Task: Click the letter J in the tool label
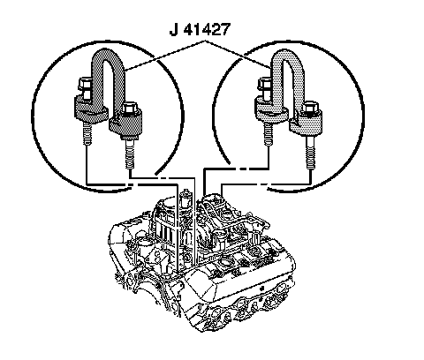pos(174,30)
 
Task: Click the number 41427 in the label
pos(207,30)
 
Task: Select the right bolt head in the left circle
pos(129,108)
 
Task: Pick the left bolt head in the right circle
pos(266,84)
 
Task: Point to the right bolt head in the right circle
pos(311,108)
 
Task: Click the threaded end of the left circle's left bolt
pos(87,133)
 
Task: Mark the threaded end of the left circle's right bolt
pos(130,154)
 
